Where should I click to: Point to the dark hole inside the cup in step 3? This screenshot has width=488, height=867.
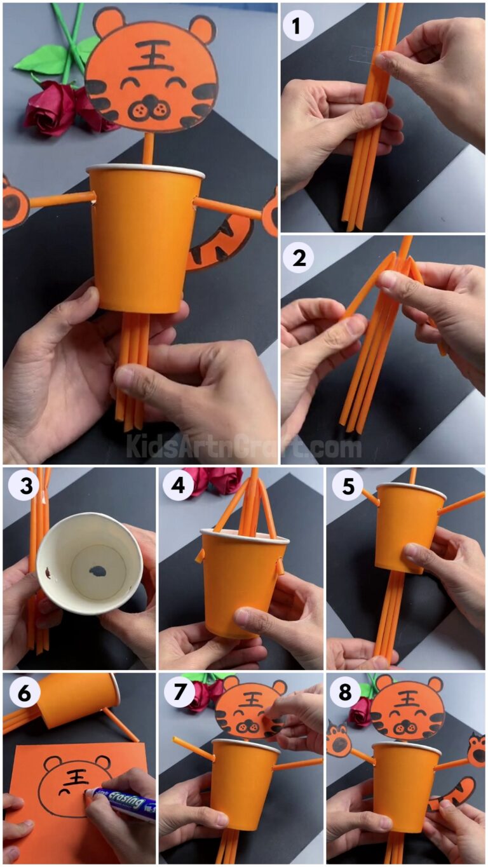[x=98, y=570]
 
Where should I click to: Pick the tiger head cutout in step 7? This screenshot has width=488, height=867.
[x=248, y=708]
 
